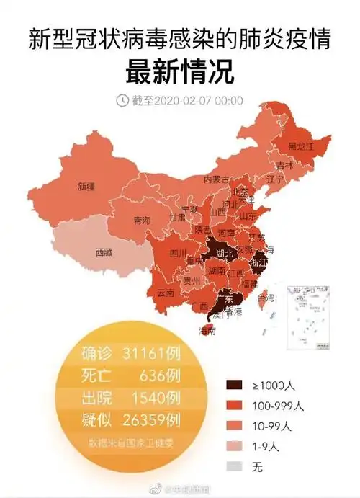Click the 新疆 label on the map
click(86, 186)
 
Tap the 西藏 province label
click(104, 252)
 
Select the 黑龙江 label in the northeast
click(302, 146)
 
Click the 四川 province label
click(179, 253)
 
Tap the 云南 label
click(165, 293)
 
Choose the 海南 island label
click(207, 332)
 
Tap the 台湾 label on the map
click(265, 297)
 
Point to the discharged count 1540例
click(154, 398)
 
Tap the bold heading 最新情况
click(180, 73)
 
